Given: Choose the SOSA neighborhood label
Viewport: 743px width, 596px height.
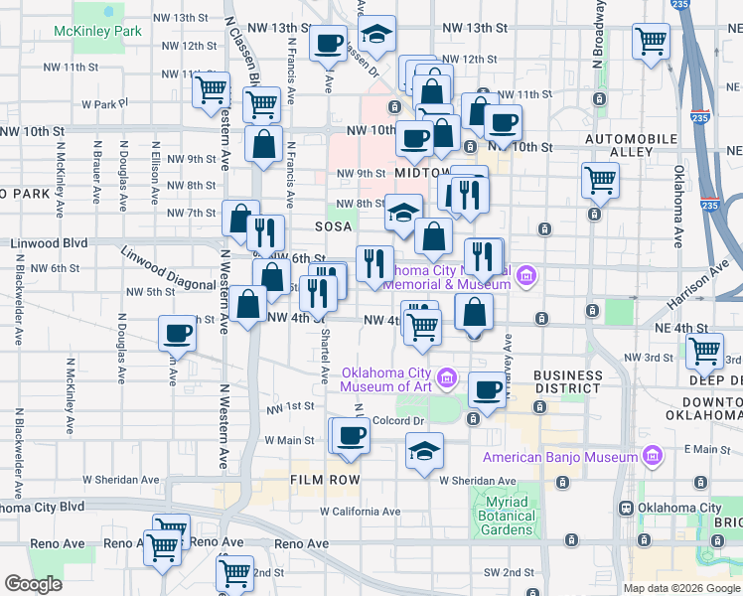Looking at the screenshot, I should [334, 226].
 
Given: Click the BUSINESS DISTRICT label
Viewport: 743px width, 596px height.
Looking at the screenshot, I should [567, 381].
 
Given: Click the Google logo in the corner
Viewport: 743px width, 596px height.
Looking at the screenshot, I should [34, 584].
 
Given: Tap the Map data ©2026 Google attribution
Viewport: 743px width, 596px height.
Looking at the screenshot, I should [681, 588].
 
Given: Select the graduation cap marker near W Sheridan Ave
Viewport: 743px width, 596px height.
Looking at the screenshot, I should [424, 451].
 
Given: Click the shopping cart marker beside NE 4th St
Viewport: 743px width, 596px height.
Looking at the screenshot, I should [704, 350].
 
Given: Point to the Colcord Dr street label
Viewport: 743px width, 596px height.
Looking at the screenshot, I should [398, 420].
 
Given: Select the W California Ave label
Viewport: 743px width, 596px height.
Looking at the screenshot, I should [360, 513].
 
